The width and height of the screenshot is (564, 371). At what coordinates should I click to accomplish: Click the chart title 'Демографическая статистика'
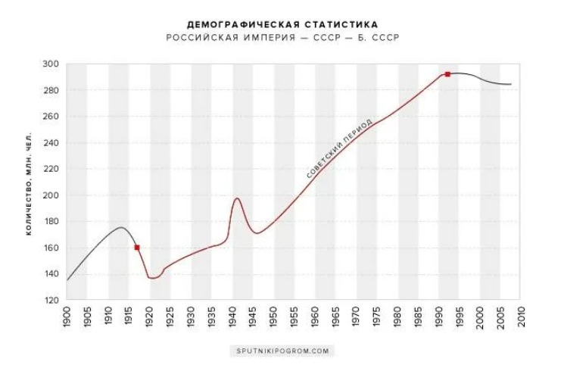pyautogui.click(x=282, y=25)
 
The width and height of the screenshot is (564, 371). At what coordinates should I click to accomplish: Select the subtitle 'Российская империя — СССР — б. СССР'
pyautogui.click(x=282, y=38)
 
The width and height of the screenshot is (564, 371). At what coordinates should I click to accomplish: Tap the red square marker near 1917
pyautogui.click(x=137, y=248)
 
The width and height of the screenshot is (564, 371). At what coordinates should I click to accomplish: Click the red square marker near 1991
pyautogui.click(x=447, y=74)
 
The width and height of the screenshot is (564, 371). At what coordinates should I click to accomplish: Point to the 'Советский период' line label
pyautogui.click(x=340, y=149)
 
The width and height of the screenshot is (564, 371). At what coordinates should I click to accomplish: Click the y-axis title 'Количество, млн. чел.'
pyautogui.click(x=29, y=182)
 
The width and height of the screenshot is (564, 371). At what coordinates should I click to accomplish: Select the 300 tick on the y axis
pyautogui.click(x=52, y=64)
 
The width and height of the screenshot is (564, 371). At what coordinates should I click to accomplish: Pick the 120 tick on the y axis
pyautogui.click(x=52, y=300)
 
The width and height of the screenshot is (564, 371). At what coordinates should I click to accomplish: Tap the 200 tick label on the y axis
pyautogui.click(x=52, y=195)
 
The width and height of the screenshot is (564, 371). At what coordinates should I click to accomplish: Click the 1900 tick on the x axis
pyautogui.click(x=67, y=316)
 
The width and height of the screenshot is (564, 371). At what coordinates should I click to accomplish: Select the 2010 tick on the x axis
pyautogui.click(x=522, y=316)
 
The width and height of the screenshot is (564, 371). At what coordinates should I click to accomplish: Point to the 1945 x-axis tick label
pyautogui.click(x=253, y=316)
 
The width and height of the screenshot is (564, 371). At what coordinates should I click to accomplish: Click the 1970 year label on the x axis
pyautogui.click(x=357, y=316)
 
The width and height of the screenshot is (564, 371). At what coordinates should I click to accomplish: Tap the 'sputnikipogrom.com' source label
pyautogui.click(x=282, y=351)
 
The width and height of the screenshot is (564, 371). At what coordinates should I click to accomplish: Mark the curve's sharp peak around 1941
pyautogui.click(x=238, y=198)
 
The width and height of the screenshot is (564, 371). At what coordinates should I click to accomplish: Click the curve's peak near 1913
pyautogui.click(x=121, y=227)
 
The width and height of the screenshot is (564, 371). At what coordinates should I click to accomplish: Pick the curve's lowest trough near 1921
pyautogui.click(x=153, y=279)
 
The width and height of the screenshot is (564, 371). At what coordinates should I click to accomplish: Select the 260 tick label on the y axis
pyautogui.click(x=52, y=117)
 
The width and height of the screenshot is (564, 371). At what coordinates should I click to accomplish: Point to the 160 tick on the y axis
pyautogui.click(x=52, y=248)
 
